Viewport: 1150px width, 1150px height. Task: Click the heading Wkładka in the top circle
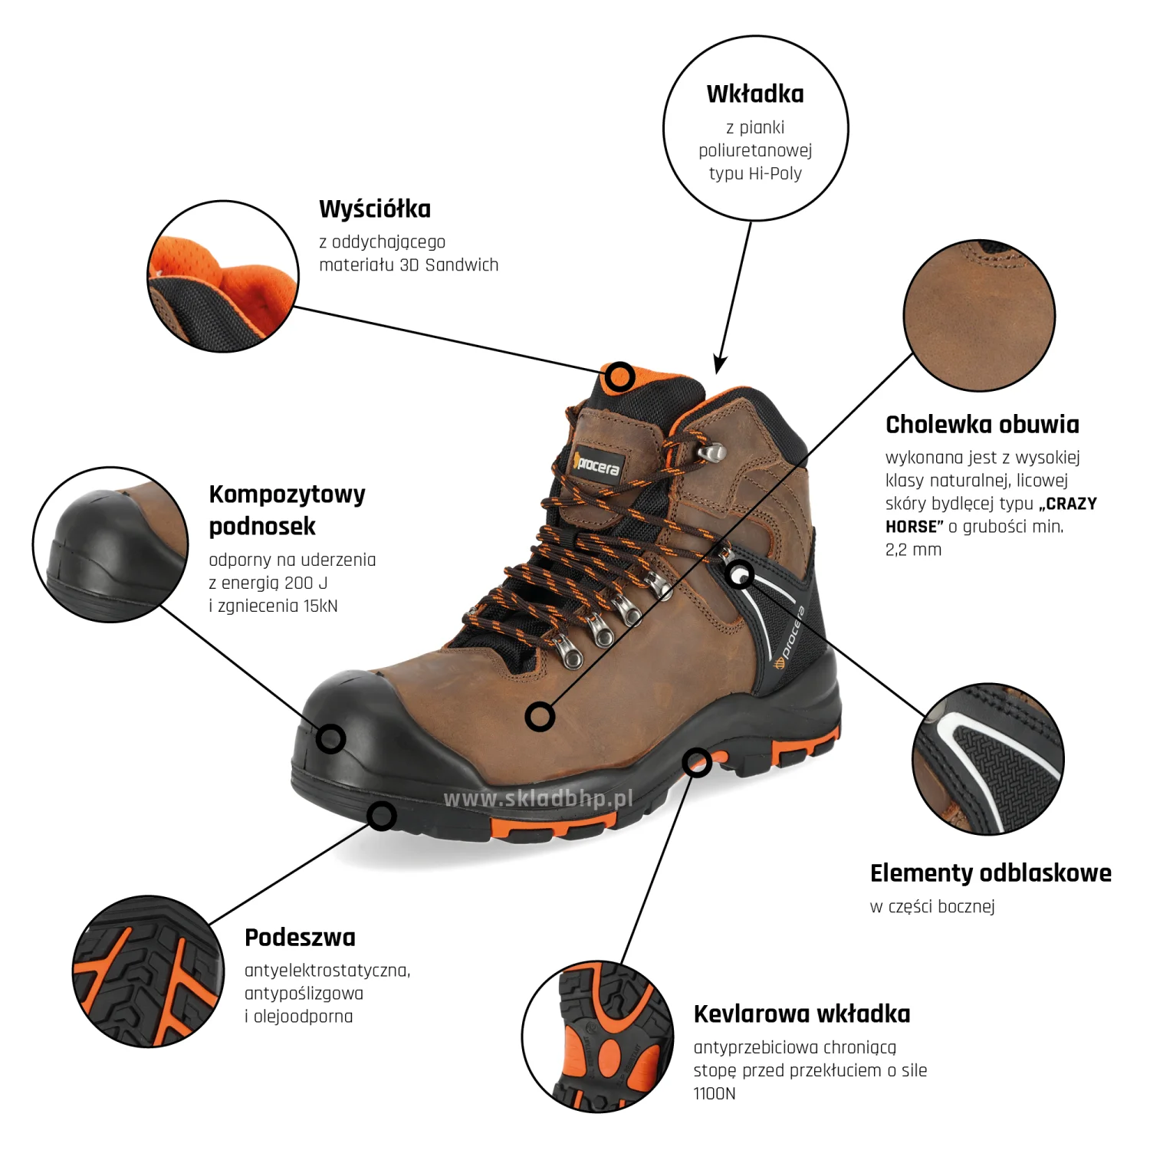click(755, 94)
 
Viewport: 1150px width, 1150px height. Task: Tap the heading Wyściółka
click(375, 209)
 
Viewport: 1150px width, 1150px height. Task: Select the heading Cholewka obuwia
click(982, 424)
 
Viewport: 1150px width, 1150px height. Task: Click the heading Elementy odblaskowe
click(991, 872)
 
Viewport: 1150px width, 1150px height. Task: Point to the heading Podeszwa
click(300, 937)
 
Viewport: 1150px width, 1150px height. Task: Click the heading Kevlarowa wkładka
click(802, 1014)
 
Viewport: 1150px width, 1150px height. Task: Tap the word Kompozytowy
click(287, 495)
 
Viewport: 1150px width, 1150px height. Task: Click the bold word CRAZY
click(1071, 504)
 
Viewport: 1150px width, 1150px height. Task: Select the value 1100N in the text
click(715, 1093)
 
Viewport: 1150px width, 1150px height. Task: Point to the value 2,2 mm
click(913, 550)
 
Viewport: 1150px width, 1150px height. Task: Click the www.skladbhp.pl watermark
click(538, 799)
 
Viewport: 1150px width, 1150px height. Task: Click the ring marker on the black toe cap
click(331, 739)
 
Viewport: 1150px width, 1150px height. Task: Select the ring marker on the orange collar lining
click(619, 377)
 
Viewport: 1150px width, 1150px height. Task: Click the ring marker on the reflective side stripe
click(739, 574)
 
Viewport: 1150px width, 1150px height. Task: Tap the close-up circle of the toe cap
click(110, 544)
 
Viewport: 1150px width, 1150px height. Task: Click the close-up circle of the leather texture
click(979, 315)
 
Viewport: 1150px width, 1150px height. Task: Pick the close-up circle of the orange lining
click(223, 277)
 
